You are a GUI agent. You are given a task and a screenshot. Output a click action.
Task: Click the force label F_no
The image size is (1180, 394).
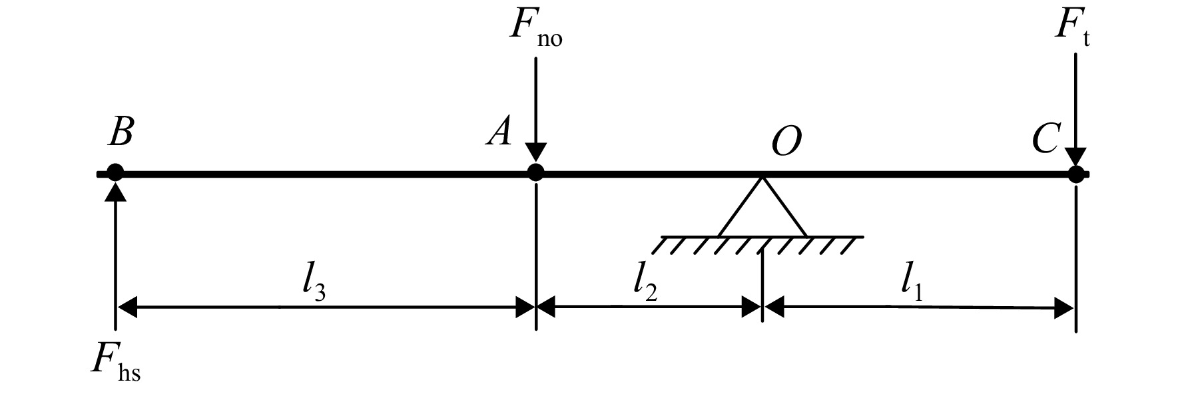536,29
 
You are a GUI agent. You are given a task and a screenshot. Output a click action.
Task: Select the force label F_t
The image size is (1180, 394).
1072,29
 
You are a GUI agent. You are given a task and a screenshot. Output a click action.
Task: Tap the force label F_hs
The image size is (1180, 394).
117,363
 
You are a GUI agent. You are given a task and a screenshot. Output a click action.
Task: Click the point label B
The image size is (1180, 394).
121,132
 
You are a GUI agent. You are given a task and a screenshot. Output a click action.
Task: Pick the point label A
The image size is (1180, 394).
499,132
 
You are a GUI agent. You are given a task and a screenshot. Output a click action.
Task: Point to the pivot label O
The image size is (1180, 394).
786,141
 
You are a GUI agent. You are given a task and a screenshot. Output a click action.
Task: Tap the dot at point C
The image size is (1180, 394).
1075,174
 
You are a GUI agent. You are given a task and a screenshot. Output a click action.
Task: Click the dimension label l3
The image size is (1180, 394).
313,285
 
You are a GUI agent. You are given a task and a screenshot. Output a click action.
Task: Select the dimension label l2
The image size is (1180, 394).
645,285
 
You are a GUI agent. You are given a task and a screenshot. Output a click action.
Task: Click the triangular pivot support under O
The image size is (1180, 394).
762,206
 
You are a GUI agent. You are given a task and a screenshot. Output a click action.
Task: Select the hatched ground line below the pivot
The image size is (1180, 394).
758,244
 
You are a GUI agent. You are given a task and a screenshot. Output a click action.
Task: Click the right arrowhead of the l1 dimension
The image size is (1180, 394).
1063,308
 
